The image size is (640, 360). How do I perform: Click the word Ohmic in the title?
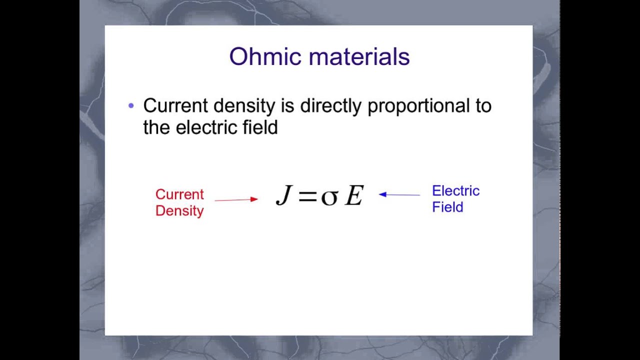265,56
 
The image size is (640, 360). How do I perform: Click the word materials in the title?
359,56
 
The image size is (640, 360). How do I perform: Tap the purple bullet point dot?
131,105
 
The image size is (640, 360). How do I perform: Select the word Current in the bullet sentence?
175,105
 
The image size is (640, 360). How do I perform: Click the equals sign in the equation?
307,196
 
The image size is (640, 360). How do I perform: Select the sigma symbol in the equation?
329,197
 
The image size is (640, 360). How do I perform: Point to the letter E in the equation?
354,195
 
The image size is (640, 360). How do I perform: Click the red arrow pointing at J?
236,199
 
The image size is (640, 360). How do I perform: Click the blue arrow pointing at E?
399,194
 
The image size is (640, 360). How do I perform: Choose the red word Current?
179,194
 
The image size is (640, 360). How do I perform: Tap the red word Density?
179,211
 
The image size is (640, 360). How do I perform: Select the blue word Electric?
455,191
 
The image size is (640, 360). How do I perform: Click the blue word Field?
447,207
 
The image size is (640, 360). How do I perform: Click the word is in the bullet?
287,105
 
